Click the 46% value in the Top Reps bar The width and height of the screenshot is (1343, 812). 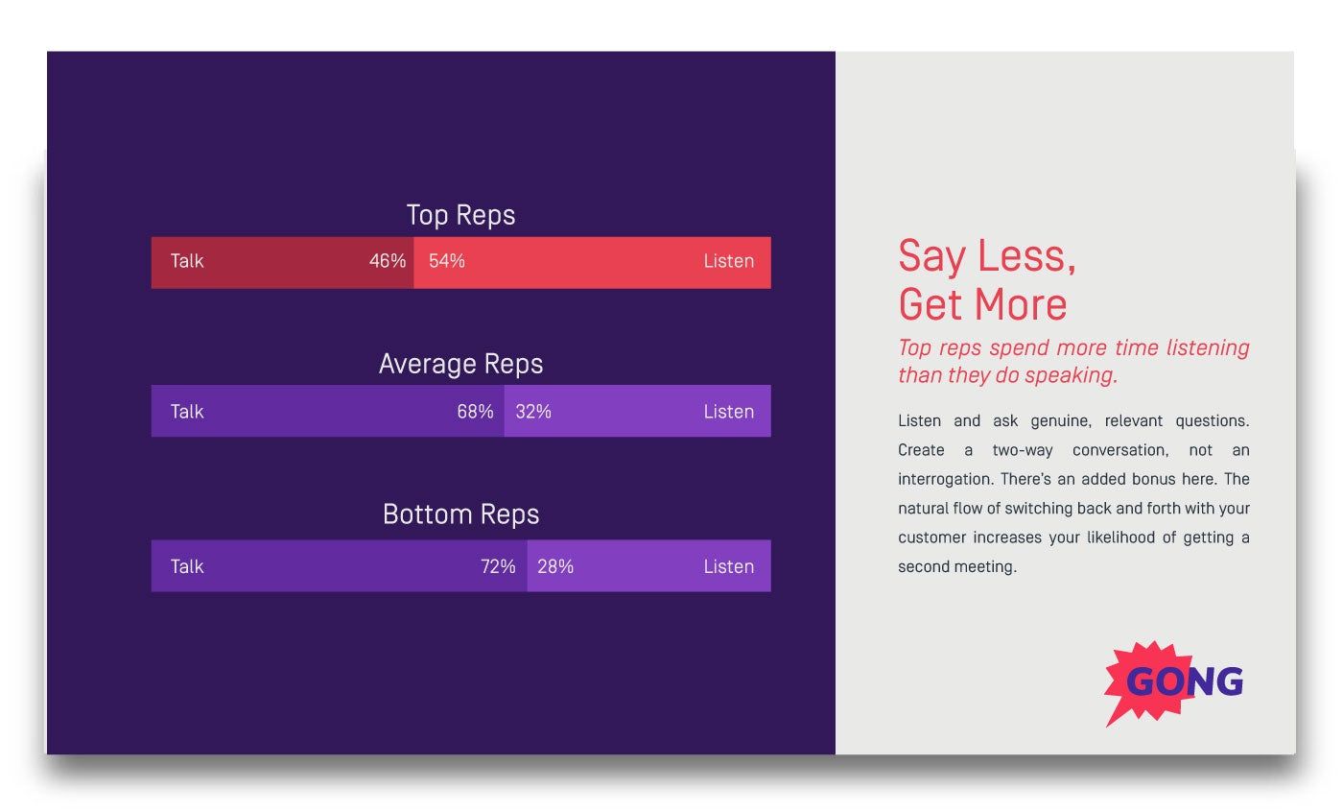(x=388, y=261)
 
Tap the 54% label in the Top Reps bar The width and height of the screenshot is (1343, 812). (x=447, y=261)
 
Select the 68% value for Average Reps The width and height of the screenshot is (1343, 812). (x=475, y=412)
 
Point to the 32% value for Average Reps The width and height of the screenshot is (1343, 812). (x=533, y=412)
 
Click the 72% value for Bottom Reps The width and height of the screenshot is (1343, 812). (x=498, y=566)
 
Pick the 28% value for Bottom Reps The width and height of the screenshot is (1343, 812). (x=555, y=566)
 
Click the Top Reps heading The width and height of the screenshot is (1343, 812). (x=460, y=215)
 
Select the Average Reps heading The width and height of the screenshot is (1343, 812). (x=460, y=364)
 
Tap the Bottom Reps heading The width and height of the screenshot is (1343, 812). (x=460, y=514)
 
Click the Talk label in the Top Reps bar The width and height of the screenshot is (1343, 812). (x=187, y=261)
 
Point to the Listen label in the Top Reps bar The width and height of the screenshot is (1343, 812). (x=728, y=261)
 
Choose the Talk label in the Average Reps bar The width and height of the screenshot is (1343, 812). (x=187, y=412)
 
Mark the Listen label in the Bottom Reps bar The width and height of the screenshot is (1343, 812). (x=728, y=566)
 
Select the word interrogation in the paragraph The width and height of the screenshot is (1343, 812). (x=945, y=479)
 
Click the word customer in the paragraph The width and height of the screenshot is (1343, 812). (x=931, y=537)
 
